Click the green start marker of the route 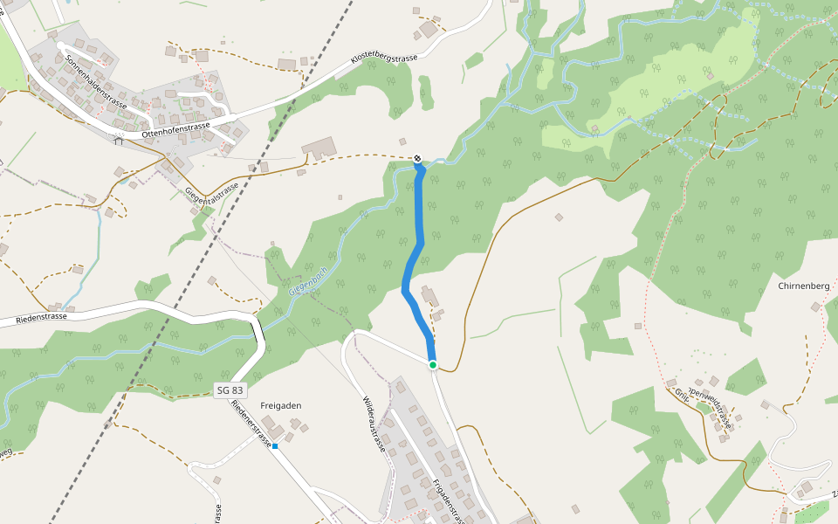tap(432, 364)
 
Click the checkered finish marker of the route tap(418, 158)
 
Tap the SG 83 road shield tap(229, 390)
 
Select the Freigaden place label tap(280, 405)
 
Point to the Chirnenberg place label tap(803, 286)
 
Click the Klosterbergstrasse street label tap(384, 59)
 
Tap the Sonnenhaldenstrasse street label tap(96, 82)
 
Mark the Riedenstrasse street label tap(41, 318)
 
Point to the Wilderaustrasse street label tap(374, 423)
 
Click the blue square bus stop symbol tap(274, 446)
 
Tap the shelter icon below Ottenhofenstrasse tap(118, 140)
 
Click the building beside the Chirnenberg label tap(816, 307)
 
